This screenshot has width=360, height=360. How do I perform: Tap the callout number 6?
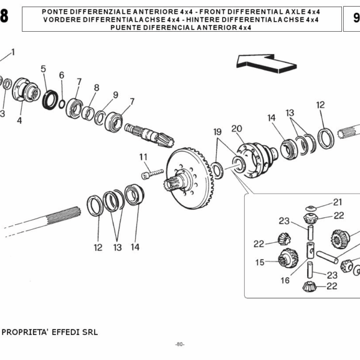(x=61, y=75)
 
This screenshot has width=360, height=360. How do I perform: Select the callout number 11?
(x=143, y=157)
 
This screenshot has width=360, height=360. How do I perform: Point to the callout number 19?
(x=217, y=131)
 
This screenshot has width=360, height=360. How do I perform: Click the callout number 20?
(x=236, y=128)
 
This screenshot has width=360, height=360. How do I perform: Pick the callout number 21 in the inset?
(x=337, y=202)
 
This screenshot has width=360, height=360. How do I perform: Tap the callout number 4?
(x=19, y=121)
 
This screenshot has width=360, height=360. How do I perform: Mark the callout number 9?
(x=115, y=95)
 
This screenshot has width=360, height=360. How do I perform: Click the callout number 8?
(x=96, y=88)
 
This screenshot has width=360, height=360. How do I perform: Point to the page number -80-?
(x=179, y=344)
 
